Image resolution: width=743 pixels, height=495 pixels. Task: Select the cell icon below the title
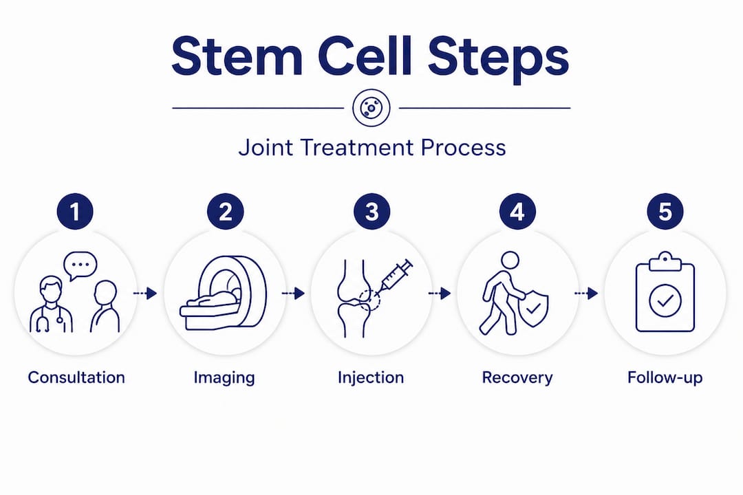[x=371, y=108]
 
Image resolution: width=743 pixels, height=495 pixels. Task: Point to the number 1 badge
[x=76, y=212]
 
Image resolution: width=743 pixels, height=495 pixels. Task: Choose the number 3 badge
[x=371, y=212]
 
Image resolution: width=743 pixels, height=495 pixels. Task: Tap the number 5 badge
[x=665, y=212]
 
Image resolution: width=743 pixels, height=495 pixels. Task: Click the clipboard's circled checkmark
[x=665, y=301]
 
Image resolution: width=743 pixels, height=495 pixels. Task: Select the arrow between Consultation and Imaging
[x=144, y=294]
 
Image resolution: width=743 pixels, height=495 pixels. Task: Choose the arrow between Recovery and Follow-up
[x=586, y=294]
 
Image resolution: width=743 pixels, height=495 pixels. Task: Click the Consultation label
[x=76, y=377]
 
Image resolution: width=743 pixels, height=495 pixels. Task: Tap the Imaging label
[x=224, y=377]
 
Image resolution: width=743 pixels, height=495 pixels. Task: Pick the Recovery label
[x=517, y=377]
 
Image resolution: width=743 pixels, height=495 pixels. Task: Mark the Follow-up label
[x=665, y=377]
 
